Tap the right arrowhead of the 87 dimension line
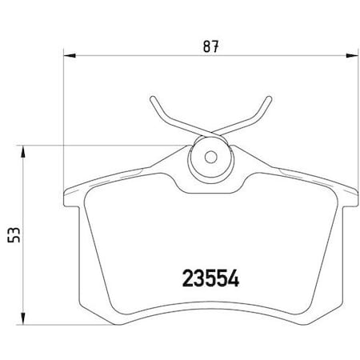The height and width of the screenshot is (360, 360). [352, 55]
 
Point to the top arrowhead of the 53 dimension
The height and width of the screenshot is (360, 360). [23, 150]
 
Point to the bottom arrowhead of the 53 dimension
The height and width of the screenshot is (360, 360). [23, 318]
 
